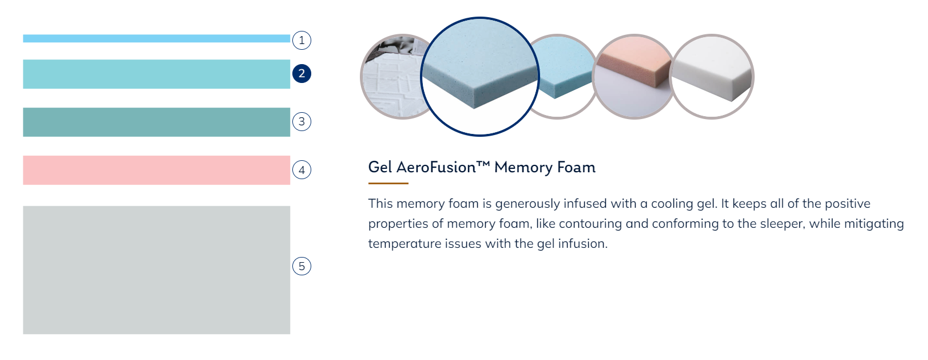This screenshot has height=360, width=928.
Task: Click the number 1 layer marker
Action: click(x=302, y=40)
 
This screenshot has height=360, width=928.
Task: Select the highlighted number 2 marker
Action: click(x=302, y=74)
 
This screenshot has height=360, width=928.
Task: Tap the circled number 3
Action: click(x=302, y=122)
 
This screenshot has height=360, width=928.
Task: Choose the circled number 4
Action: click(x=302, y=170)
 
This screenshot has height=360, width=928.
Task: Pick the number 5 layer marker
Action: click(x=302, y=266)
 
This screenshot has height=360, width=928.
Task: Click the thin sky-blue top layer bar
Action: click(x=157, y=38)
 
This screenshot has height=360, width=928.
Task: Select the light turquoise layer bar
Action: click(x=157, y=74)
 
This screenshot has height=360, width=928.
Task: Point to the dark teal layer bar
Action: click(x=157, y=122)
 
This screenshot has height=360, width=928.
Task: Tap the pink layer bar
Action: click(x=157, y=170)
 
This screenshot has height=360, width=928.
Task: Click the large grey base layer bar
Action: click(x=157, y=270)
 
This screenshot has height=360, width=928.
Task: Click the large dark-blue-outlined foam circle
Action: click(x=480, y=76)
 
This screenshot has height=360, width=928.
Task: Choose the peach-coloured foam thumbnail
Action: click(x=634, y=77)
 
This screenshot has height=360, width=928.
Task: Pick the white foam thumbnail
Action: click(x=712, y=77)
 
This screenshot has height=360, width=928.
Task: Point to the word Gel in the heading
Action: click(x=380, y=167)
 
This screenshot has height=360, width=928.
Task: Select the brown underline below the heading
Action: click(x=388, y=183)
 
